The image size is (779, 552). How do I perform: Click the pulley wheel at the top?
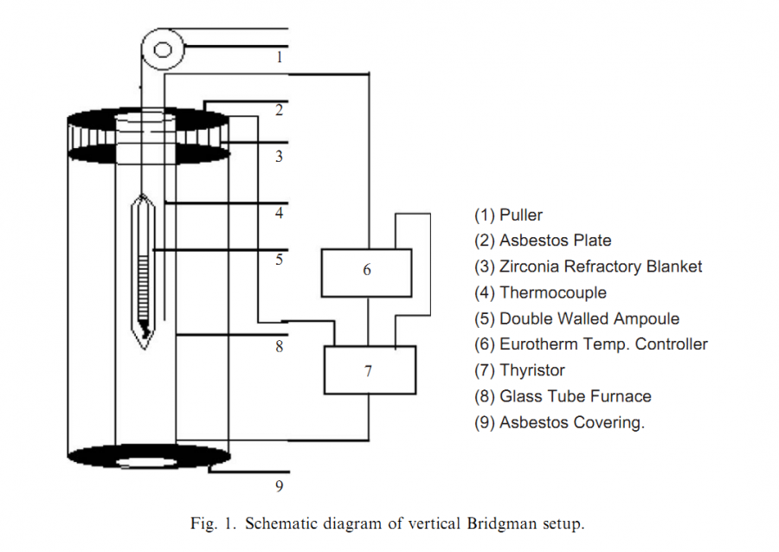[163, 48]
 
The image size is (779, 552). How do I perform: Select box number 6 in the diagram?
[366, 271]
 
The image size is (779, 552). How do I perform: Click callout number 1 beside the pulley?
[280, 58]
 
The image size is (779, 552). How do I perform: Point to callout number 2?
[279, 111]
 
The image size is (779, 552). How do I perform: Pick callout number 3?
[279, 157]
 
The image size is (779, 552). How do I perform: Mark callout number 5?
[279, 259]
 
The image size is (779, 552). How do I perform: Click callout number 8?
[279, 346]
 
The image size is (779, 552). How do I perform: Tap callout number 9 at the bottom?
[279, 486]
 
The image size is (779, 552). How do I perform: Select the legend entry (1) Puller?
[508, 215]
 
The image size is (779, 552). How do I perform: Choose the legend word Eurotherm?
[535, 344]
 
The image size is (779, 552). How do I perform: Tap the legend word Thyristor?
[531, 370]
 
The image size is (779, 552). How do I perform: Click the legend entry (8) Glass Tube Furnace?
[563, 396]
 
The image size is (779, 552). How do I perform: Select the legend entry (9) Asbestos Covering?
[559, 422]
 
